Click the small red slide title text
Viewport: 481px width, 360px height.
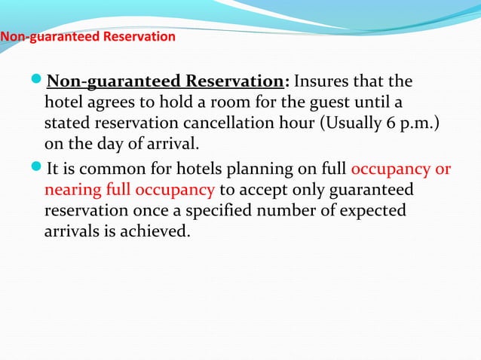click(87, 36)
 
